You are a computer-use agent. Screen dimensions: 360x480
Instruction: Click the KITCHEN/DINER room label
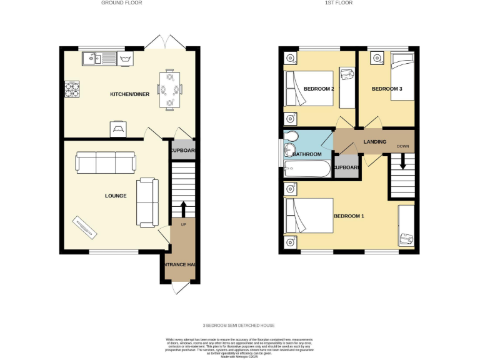(129, 94)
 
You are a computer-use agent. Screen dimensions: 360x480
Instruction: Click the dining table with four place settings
(169, 89)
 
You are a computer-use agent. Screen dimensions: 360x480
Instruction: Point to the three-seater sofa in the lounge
(105, 162)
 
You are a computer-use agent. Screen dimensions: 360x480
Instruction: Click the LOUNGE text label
(116, 196)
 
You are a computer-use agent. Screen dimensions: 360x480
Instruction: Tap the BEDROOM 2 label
(318, 89)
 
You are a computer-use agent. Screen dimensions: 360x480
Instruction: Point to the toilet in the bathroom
(290, 138)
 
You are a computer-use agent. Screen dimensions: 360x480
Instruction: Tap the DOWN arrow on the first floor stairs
(403, 161)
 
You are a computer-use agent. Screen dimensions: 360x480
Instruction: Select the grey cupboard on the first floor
(346, 167)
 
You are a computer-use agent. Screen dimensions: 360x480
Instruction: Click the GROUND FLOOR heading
(122, 3)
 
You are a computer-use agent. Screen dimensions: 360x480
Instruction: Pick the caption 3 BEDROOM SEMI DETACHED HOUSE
(239, 326)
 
